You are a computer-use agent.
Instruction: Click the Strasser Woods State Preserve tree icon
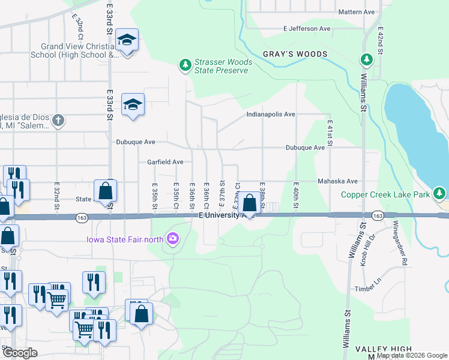click(186, 64)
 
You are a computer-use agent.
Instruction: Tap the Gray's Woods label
click(295, 54)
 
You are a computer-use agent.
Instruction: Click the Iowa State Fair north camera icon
click(173, 239)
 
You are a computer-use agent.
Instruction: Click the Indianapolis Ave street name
click(270, 114)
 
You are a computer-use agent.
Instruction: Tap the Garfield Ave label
click(165, 162)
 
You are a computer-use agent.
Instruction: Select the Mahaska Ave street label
click(338, 181)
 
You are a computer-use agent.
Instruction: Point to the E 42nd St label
click(380, 40)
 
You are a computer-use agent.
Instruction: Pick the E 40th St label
click(296, 196)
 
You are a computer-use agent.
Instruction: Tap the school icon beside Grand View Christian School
click(127, 41)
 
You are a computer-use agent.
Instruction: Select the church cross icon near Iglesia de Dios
click(58, 121)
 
